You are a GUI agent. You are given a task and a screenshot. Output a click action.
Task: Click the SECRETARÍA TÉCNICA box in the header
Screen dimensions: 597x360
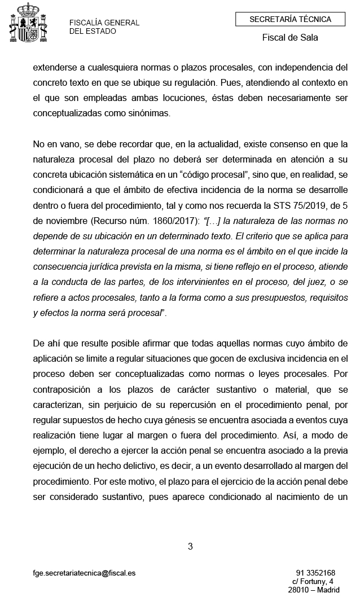pos(290,20)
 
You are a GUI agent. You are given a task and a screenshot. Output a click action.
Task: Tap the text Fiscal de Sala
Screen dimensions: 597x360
pos(290,38)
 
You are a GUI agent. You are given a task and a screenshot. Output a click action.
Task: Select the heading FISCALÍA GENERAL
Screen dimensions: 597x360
pos(104,23)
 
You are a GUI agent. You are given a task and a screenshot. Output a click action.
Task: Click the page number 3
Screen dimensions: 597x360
pos(190,546)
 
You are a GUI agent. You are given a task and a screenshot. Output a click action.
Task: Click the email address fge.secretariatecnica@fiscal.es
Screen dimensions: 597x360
pos(84,573)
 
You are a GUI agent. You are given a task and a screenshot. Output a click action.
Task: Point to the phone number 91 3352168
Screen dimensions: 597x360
pos(315,573)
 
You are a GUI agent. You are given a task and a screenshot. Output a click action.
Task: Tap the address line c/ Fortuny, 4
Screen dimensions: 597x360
pos(313,581)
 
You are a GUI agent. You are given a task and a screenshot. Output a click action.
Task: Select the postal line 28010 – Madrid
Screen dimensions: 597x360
pos(313,590)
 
